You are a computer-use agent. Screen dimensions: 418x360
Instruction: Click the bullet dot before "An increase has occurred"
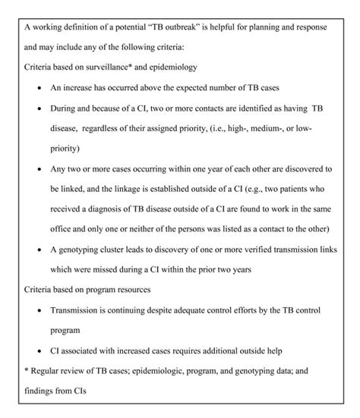39,89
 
